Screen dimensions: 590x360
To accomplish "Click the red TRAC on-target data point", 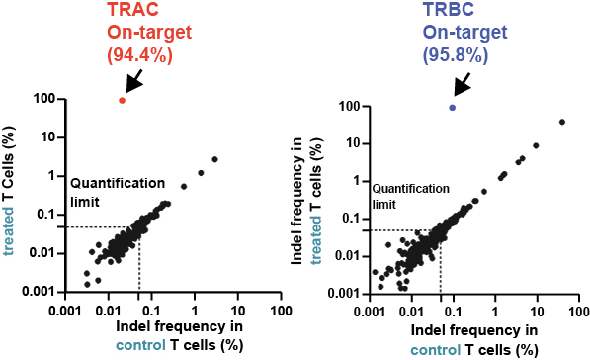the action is pyautogui.click(x=122, y=101).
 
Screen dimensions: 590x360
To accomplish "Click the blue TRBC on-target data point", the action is pyautogui.click(x=453, y=108).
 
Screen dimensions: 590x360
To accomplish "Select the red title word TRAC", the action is pyautogui.click(x=132, y=9).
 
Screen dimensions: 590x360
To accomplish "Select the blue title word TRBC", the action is pyautogui.click(x=448, y=9).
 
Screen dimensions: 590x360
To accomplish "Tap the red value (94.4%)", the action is pyautogui.click(x=140, y=55).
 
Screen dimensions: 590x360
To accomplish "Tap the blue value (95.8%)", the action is pyautogui.click(x=456, y=55).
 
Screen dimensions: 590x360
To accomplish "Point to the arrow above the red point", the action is pyautogui.click(x=134, y=80).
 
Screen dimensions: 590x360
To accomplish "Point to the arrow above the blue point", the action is pyautogui.click(x=463, y=84).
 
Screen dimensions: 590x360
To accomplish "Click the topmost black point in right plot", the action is pyautogui.click(x=562, y=122).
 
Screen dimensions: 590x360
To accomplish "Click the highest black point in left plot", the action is pyautogui.click(x=214, y=159).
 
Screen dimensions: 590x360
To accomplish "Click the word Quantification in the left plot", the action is pyautogui.click(x=118, y=183).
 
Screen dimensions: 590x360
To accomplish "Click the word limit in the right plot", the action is pyautogui.click(x=384, y=205).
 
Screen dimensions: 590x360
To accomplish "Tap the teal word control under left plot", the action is pyautogui.click(x=140, y=344).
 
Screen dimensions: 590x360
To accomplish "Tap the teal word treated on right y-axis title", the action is pyautogui.click(x=316, y=240).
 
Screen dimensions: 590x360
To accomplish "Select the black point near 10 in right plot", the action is pyautogui.click(x=536, y=145).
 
